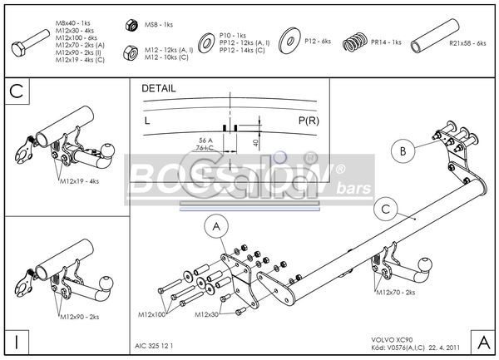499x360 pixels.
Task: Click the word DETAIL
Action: tap(158, 87)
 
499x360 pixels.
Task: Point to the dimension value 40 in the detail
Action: tap(254, 142)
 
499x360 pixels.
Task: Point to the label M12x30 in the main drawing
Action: tap(208, 314)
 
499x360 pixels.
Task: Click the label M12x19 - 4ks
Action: tap(79, 180)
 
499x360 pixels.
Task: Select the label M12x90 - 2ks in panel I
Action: tap(79, 317)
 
